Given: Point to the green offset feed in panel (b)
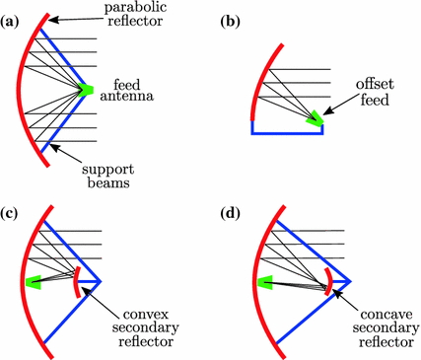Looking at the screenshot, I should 315,118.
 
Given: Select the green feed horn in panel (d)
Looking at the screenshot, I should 264,284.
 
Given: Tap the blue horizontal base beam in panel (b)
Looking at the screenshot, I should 287,131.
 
